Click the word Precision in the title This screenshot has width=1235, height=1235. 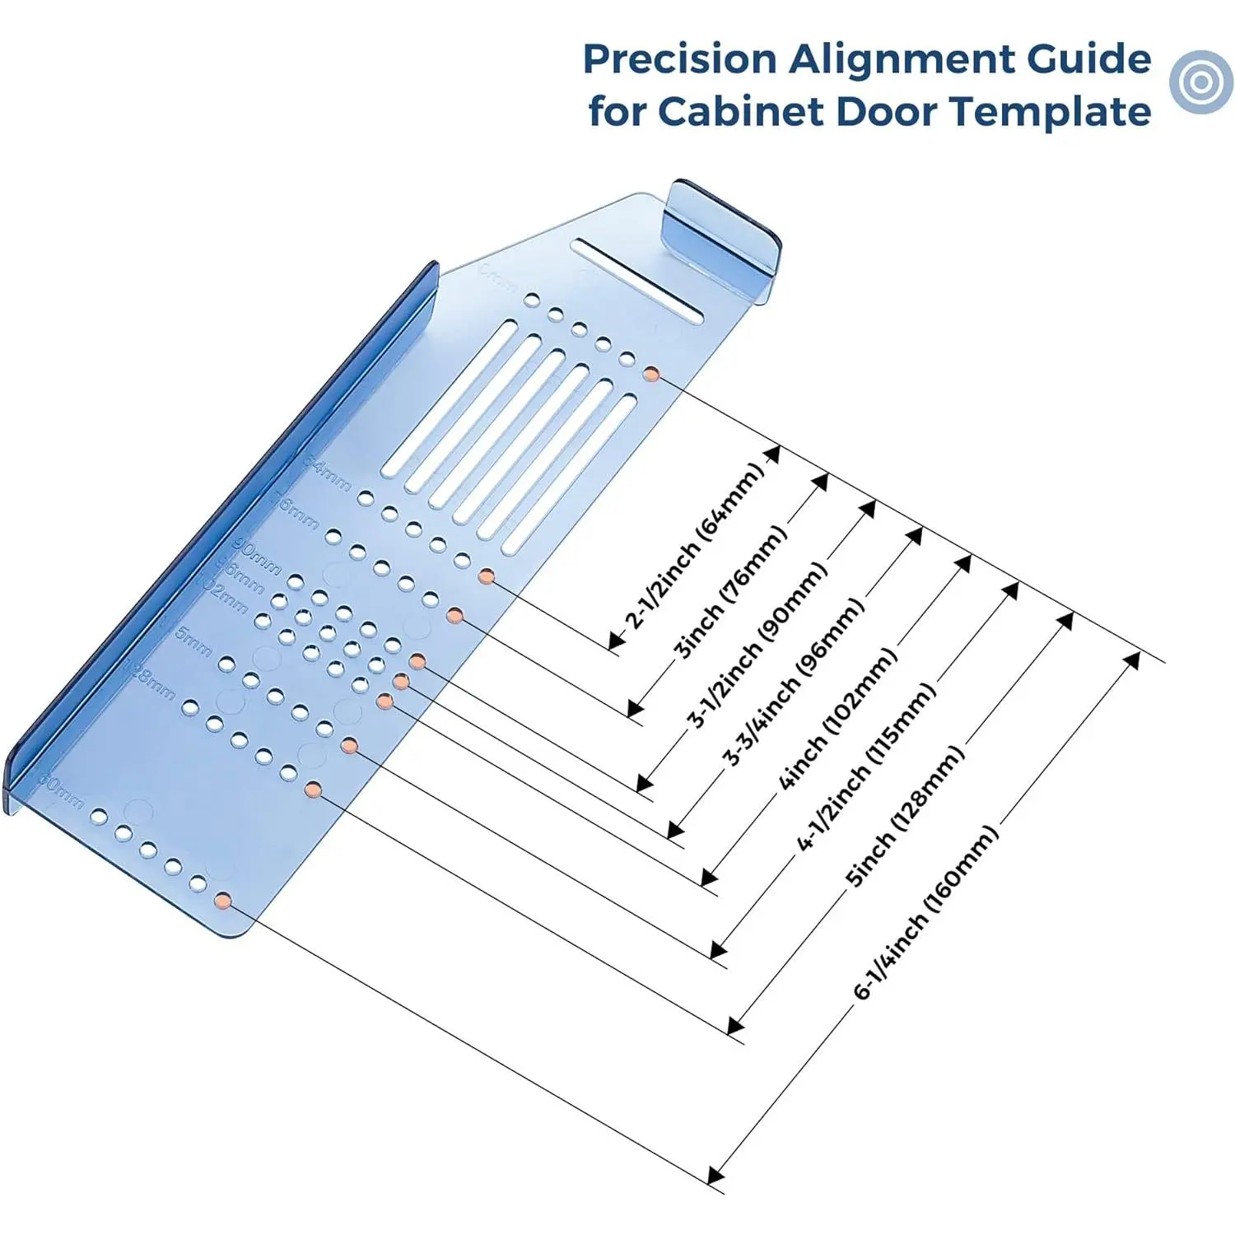coord(679,59)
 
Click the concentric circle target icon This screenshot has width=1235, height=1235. coord(1201,82)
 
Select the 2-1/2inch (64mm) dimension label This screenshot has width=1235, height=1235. coord(693,547)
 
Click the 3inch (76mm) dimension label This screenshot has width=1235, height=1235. coord(730,593)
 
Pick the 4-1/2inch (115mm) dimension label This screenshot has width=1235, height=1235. coord(866,767)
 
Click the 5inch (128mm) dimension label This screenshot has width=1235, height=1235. coord(905,815)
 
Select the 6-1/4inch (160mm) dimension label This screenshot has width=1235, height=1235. coord(926,911)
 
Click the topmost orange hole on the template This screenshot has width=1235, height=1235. coord(651,374)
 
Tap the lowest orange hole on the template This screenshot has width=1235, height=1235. coord(221,900)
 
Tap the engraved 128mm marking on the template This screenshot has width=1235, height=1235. coord(149,678)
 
